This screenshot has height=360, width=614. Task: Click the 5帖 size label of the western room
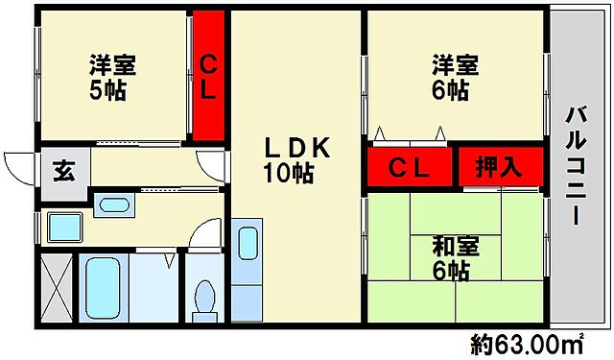pyautogui.click(x=108, y=92)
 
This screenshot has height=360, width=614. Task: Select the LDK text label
pyautogui.click(x=296, y=149)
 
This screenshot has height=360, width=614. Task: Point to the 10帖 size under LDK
pyautogui.click(x=289, y=174)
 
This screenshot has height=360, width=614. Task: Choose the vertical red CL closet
pyautogui.click(x=208, y=75)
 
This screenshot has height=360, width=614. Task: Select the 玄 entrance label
pyautogui.click(x=64, y=174)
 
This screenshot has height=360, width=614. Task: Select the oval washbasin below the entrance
pyautogui.click(x=116, y=204)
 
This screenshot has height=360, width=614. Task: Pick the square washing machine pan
pyautogui.click(x=64, y=228)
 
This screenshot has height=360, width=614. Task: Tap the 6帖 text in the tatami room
pyautogui.click(x=450, y=272)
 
